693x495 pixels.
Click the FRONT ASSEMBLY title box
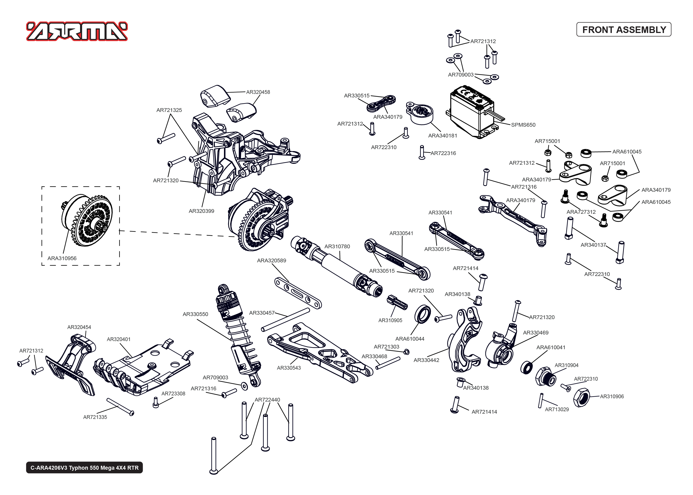(x=624, y=29)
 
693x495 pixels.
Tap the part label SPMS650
(x=523, y=125)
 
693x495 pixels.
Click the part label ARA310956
(x=62, y=258)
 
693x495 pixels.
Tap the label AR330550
(x=195, y=314)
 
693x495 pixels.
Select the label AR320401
(x=119, y=339)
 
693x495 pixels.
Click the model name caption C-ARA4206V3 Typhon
(x=84, y=468)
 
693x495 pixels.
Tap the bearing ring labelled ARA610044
(x=423, y=314)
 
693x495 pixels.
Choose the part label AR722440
(x=267, y=400)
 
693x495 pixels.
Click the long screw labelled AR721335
(x=120, y=406)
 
